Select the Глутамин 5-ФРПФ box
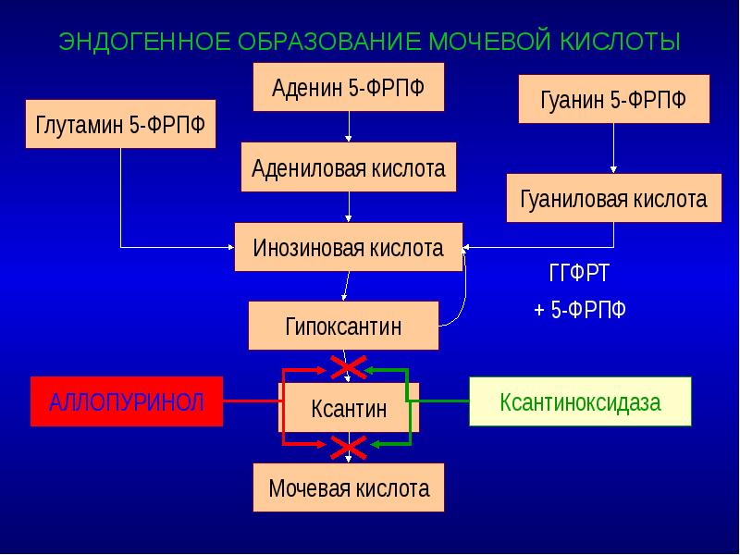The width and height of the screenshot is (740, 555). pos(121,125)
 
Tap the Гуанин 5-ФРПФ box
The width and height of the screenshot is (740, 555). pos(613,100)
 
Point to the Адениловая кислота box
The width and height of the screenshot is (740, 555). pos(349,167)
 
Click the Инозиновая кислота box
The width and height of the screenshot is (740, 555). pos(349,247)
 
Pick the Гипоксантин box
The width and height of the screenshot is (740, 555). pos(343,326)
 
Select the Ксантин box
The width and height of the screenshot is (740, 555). pos(350,407)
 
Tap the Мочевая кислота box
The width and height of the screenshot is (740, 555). pos(349,487)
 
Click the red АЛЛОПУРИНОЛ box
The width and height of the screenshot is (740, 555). pos(127,401)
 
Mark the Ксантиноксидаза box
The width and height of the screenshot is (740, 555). pos(580,401)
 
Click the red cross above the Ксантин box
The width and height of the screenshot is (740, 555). pos(348,369)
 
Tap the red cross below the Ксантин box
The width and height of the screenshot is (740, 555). pos(348,448)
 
